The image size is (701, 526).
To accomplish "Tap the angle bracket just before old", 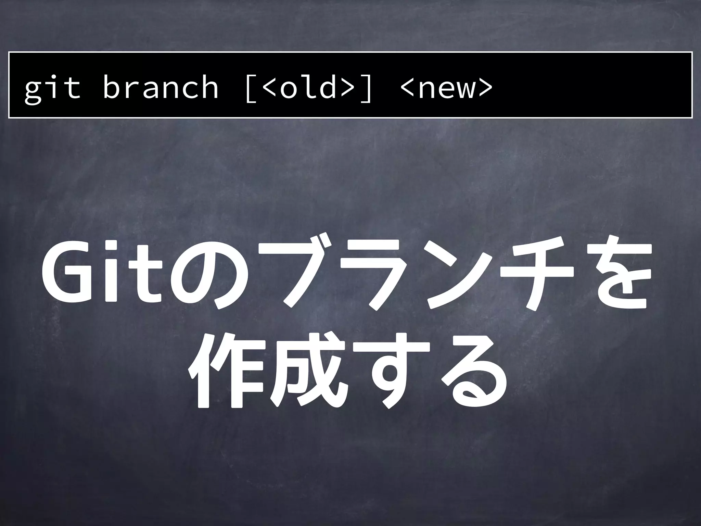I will (270, 88).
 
